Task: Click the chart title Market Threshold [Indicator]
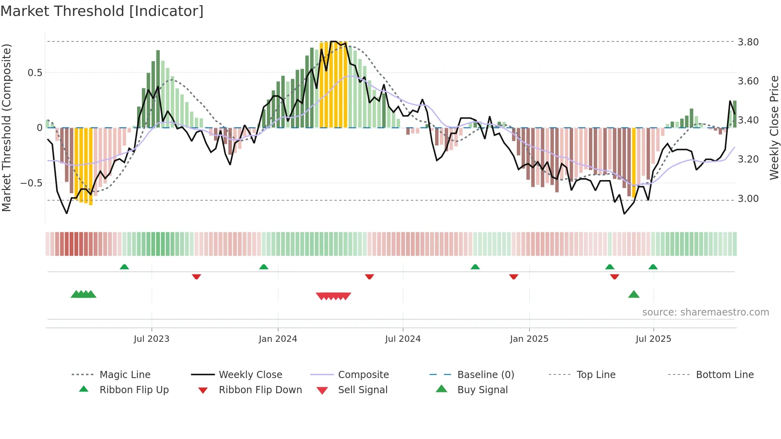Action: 102,11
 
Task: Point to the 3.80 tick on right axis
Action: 748,42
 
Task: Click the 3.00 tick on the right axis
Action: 748,199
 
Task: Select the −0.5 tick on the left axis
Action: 31,183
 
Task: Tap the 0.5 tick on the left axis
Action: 35,73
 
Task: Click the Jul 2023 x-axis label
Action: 151,339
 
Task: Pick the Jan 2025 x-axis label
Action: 529,339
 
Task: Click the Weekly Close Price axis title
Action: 774,127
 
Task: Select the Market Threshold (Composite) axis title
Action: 6,127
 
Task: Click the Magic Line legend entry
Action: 125,375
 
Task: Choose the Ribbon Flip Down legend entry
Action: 260,390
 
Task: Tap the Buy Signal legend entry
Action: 482,390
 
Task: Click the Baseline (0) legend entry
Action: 485,375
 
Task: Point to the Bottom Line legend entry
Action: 724,375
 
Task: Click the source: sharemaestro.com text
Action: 705,312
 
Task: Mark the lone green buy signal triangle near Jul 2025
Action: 634,295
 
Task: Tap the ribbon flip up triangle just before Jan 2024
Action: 264,267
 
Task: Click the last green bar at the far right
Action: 735,114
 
